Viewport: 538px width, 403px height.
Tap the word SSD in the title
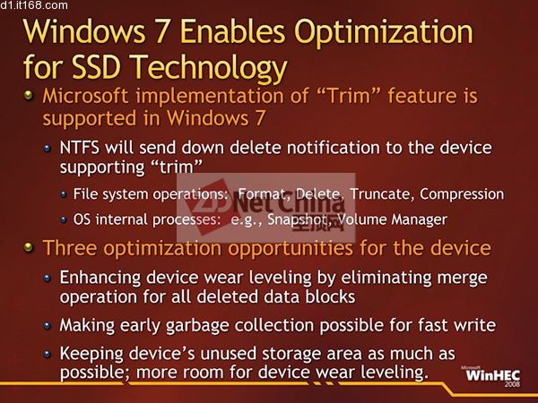(x=97, y=66)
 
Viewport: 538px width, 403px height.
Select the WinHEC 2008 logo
(x=492, y=376)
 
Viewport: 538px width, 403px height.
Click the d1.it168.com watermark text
(x=34, y=5)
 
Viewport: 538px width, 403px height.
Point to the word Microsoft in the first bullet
(x=85, y=96)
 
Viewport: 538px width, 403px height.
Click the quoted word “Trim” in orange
(x=350, y=96)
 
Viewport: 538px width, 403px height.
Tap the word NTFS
(x=79, y=148)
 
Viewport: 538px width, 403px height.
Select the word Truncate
(x=380, y=194)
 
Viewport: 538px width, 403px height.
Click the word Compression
(x=462, y=194)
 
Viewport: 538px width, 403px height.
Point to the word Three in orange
(x=69, y=248)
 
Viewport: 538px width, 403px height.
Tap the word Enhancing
(x=100, y=278)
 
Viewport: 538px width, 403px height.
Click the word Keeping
(x=91, y=354)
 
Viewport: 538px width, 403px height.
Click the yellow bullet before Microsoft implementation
(x=29, y=95)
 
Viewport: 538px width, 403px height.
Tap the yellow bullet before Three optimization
(x=29, y=247)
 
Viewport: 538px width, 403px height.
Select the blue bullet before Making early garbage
(x=48, y=326)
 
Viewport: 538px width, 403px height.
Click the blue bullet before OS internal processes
(x=64, y=219)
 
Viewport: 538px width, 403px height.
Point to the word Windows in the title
(x=84, y=31)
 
